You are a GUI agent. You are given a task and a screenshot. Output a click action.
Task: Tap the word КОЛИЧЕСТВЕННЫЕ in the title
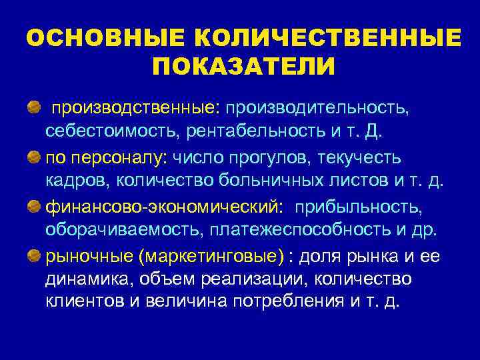coord(313,38)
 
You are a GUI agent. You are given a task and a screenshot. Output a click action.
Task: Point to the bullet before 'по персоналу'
coord(33,157)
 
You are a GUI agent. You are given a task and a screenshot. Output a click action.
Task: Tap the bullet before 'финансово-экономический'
coord(33,205)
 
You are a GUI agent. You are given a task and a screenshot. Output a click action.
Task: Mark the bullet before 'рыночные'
coord(33,254)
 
